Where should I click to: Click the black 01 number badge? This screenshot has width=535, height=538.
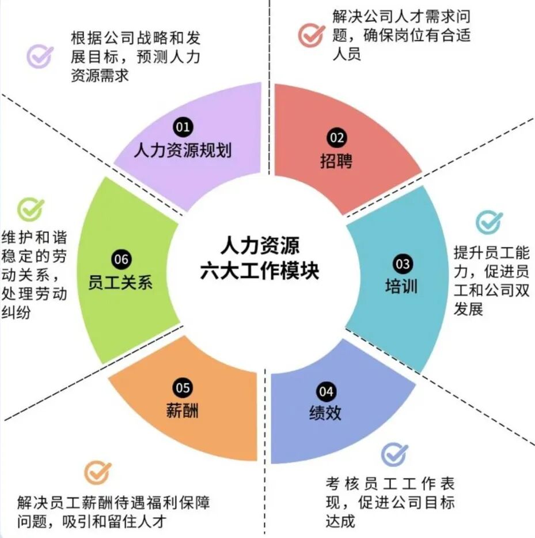tap(183, 127)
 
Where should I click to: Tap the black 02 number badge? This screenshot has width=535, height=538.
tap(336, 138)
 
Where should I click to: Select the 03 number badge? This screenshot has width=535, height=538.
tap(403, 264)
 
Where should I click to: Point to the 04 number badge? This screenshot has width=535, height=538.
tap(326, 392)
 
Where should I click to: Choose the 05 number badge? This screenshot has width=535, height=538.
tap(183, 387)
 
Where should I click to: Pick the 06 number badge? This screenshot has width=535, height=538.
tap(122, 259)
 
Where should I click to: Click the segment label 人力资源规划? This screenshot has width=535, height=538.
tap(183, 151)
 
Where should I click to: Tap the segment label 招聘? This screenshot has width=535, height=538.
tap(336, 161)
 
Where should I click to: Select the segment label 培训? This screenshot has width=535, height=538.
tap(401, 286)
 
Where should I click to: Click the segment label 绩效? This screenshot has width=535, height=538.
tap(325, 413)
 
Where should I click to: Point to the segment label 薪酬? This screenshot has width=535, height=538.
tap(183, 410)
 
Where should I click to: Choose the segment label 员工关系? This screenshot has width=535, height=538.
tap(120, 283)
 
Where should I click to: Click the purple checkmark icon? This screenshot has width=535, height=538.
tap(40, 57)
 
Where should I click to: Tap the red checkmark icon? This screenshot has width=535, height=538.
tap(311, 35)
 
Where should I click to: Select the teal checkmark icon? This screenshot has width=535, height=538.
tap(489, 223)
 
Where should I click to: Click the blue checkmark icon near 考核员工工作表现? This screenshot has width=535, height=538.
tap(395, 454)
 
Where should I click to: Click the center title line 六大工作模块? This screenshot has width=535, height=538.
tap(260, 271)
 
